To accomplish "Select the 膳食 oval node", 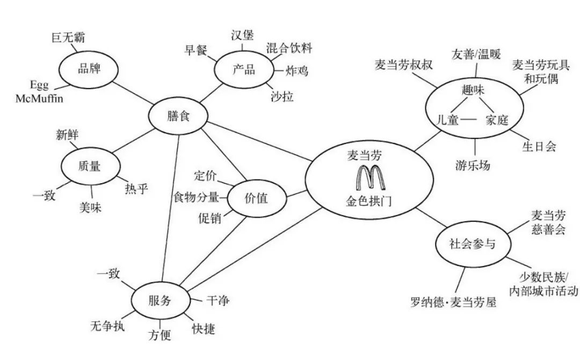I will pos(178,116).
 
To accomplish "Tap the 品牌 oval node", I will pos(89,69).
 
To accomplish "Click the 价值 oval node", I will pos(256,199).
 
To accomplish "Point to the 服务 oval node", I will pos(160,301).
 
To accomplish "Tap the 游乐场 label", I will pos(473,165).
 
